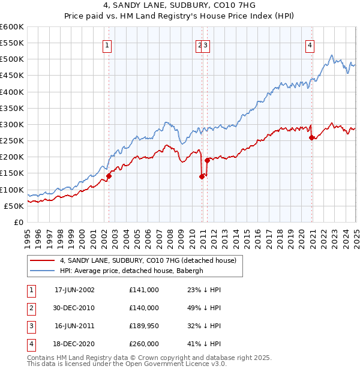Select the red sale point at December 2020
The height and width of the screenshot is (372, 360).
311,137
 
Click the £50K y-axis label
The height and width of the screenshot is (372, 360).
14,206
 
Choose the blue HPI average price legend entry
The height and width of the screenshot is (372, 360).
140,271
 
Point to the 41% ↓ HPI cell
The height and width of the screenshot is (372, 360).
203,344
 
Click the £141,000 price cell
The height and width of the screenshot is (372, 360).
144,290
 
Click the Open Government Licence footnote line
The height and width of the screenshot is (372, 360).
127,364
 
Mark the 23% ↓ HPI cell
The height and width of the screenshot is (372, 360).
203,290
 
